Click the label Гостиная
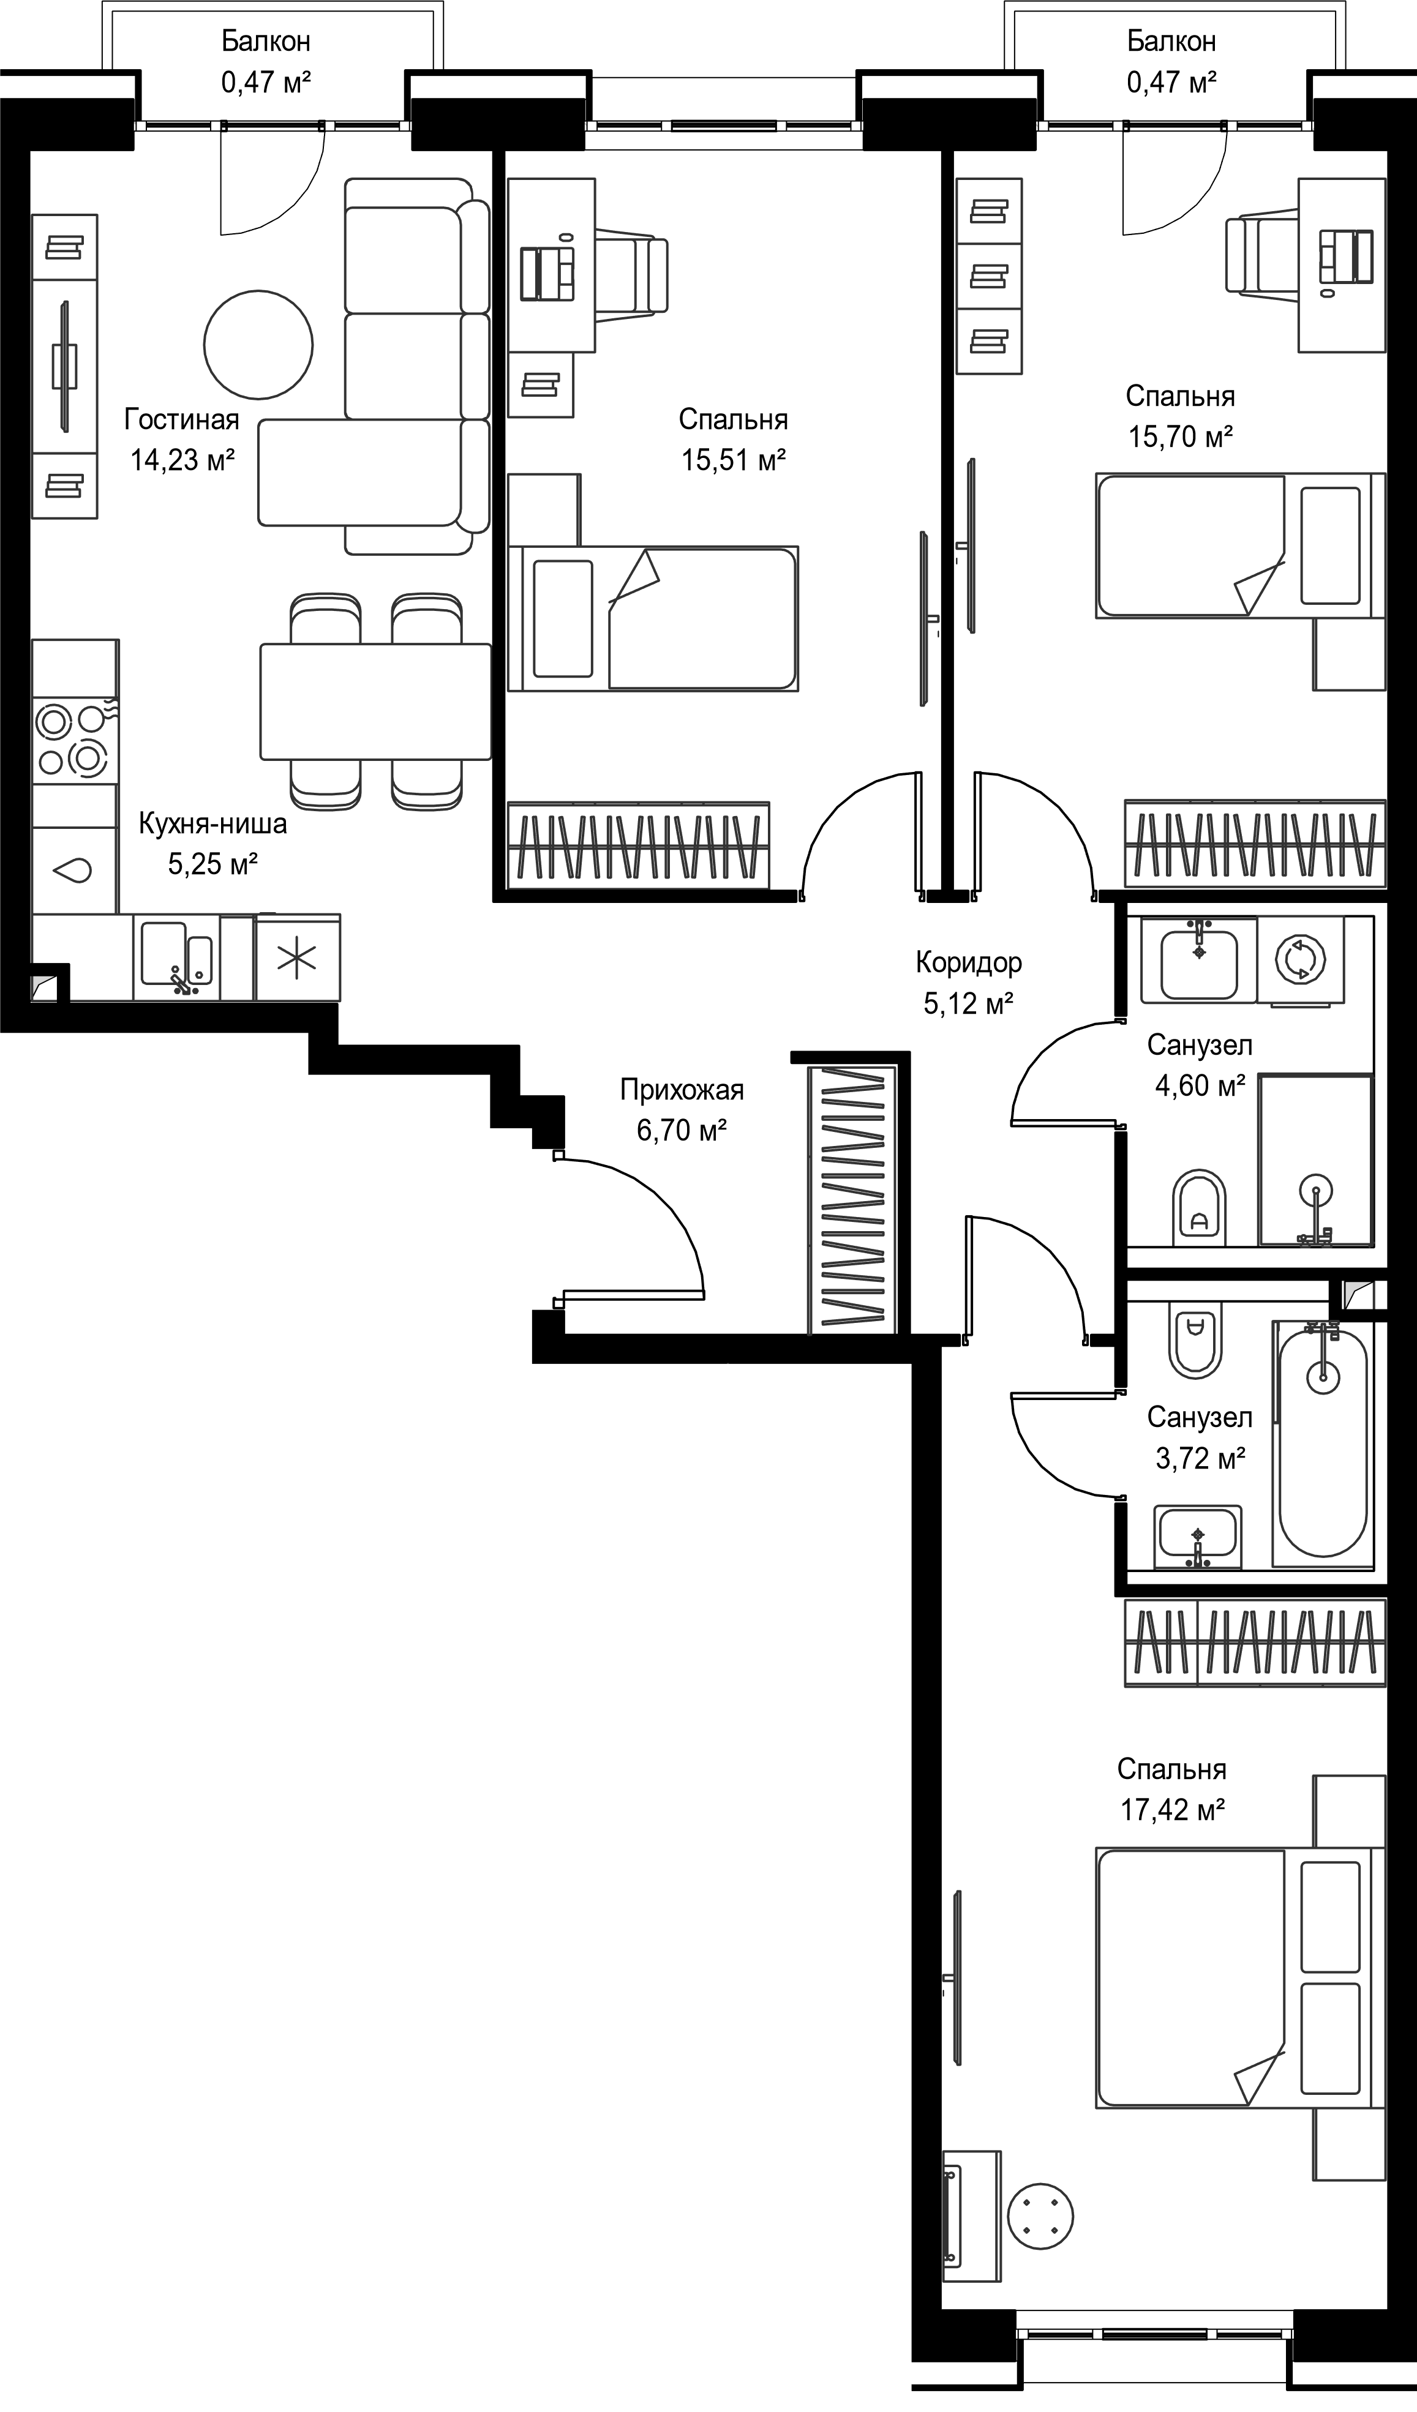click(x=182, y=419)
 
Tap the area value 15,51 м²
click(x=734, y=460)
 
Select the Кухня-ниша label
click(x=212, y=823)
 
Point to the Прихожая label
click(x=682, y=1089)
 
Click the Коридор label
click(x=969, y=962)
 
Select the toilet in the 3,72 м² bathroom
click(x=1194, y=1340)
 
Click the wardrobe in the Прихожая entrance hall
click(x=852, y=1199)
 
